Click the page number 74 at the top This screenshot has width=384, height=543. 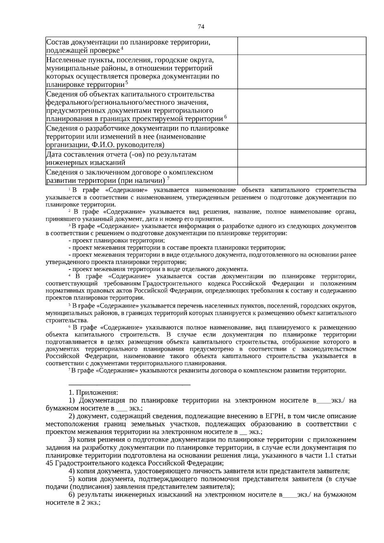201,27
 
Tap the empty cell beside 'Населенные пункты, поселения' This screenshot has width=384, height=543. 301,72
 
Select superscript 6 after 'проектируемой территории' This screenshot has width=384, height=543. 226,117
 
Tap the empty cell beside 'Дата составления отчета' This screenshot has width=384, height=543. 301,158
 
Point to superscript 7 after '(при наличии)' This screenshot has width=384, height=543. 168,179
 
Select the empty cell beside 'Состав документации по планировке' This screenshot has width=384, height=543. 301,46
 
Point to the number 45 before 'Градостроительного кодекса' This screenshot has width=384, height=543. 50,463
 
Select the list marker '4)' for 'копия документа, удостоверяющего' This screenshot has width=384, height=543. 72,471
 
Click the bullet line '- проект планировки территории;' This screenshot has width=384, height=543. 117,240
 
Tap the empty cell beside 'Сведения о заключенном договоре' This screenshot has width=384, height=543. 301,176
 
